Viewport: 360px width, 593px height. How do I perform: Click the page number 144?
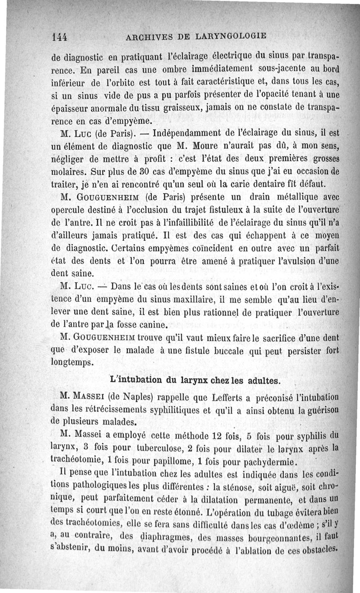[59, 36]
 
